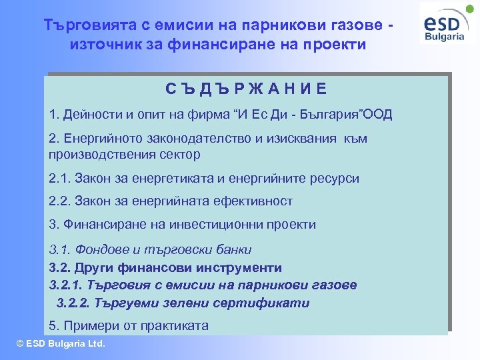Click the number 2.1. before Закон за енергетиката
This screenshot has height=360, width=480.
tap(61, 179)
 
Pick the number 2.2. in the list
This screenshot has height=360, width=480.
tap(61, 201)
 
